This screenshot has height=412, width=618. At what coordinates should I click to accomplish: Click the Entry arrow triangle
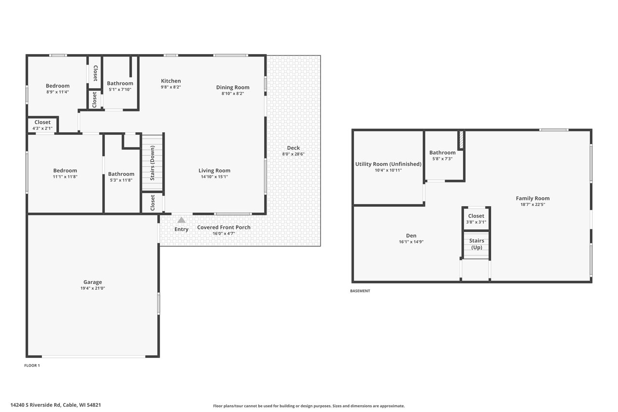(x=181, y=220)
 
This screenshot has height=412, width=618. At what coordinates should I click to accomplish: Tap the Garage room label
(x=93, y=282)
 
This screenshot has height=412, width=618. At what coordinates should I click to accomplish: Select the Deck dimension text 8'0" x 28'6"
(x=293, y=154)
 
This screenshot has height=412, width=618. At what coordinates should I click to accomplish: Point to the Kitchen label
(x=171, y=81)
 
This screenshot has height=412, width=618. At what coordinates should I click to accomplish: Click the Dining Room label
(x=233, y=87)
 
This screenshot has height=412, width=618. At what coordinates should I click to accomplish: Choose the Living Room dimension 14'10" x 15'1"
(x=214, y=177)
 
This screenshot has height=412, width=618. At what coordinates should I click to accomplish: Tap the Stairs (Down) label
(x=152, y=163)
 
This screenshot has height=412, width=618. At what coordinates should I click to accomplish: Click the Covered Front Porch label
(x=224, y=227)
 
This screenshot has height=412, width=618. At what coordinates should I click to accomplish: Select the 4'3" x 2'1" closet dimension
(x=42, y=128)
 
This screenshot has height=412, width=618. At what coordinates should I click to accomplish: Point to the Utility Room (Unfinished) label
(x=388, y=164)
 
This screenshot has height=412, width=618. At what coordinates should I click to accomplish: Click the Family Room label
(x=533, y=199)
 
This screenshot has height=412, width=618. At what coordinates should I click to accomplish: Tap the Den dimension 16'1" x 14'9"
(x=411, y=242)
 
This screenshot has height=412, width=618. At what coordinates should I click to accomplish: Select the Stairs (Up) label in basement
(x=477, y=244)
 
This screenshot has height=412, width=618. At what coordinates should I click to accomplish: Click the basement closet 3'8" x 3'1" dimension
(x=476, y=222)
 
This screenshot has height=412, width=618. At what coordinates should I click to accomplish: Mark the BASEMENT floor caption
(x=360, y=291)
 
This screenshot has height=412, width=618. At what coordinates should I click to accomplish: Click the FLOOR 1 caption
(x=32, y=365)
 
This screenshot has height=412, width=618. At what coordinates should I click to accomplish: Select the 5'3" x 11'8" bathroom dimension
(x=121, y=180)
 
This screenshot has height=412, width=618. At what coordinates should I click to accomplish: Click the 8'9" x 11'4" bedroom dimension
(x=57, y=92)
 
